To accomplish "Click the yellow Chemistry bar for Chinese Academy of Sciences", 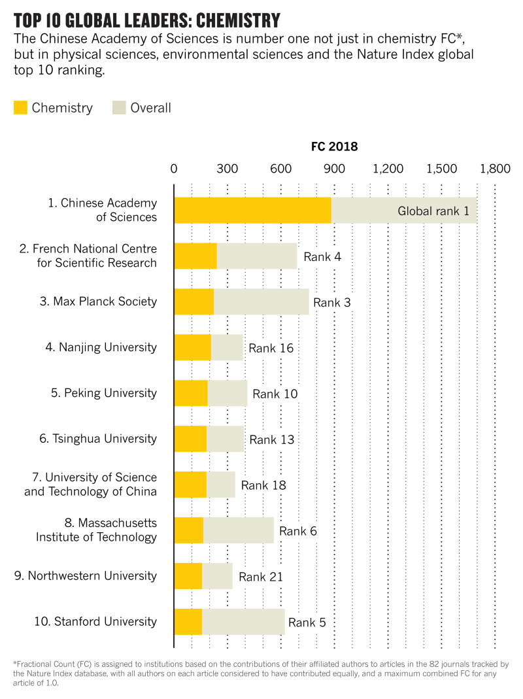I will click(252, 210).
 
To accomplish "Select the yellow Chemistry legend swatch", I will click(20, 108).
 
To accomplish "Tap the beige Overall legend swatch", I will click(119, 108).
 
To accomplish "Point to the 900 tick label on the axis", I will click(334, 169).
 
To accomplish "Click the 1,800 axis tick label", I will click(494, 169).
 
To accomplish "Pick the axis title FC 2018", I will click(334, 146).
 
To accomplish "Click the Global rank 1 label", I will click(433, 211).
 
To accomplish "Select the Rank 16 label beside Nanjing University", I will click(271, 348).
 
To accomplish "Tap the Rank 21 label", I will click(261, 577).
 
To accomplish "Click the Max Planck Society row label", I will click(105, 301).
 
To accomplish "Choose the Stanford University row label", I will click(95, 621).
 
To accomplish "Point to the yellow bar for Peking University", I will click(191, 393).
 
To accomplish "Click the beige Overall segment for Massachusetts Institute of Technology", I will click(238, 530).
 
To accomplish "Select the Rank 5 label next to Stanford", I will click(307, 622).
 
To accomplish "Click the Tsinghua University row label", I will click(98, 439).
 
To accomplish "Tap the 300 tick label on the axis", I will click(227, 169).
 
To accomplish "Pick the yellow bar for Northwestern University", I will click(188, 576).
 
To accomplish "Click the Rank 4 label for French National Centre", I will click(322, 256).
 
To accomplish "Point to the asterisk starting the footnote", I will click(14, 664).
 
